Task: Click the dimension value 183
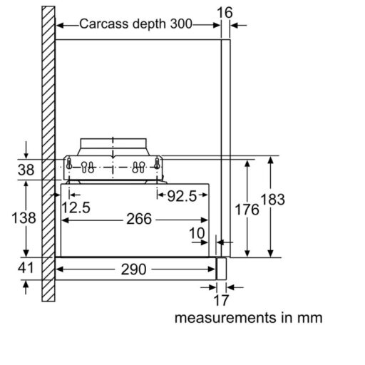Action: pos(272,199)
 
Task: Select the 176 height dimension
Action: pos(247,210)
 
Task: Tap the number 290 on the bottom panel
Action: pos(133,269)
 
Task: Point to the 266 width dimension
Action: pos(139,219)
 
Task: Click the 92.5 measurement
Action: pos(182,196)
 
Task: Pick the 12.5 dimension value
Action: pos(76,207)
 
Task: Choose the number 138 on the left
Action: pos(24,218)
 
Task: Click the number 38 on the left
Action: pos(26,170)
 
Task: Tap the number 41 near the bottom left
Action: pos(26,268)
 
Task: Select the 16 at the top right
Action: pos(225,13)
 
